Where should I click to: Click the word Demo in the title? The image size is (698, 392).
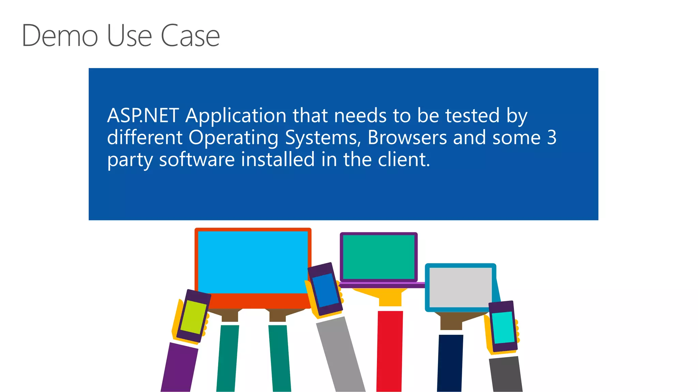(60, 35)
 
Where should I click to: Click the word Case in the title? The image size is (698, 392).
(190, 35)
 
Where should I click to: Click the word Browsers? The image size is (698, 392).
(407, 138)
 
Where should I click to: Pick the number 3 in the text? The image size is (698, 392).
(552, 138)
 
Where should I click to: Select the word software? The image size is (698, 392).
(197, 160)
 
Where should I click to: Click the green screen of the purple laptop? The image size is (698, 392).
(379, 257)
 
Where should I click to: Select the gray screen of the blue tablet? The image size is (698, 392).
(460, 288)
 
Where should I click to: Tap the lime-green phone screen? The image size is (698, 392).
(193, 317)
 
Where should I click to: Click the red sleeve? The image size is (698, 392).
(390, 350)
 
